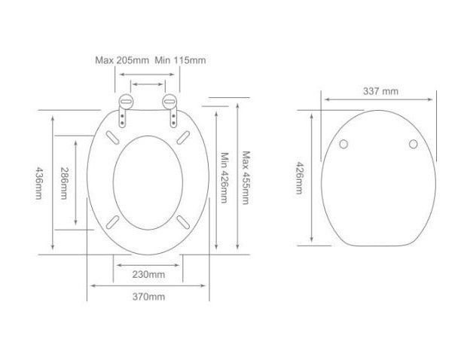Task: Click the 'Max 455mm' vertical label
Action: (246, 178)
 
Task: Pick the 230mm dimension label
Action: (148, 273)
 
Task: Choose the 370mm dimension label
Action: (148, 297)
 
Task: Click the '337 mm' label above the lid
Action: (380, 91)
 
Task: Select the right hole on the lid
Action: (413, 144)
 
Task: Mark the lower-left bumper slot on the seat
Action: (112, 222)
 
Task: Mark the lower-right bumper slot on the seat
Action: (183, 222)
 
